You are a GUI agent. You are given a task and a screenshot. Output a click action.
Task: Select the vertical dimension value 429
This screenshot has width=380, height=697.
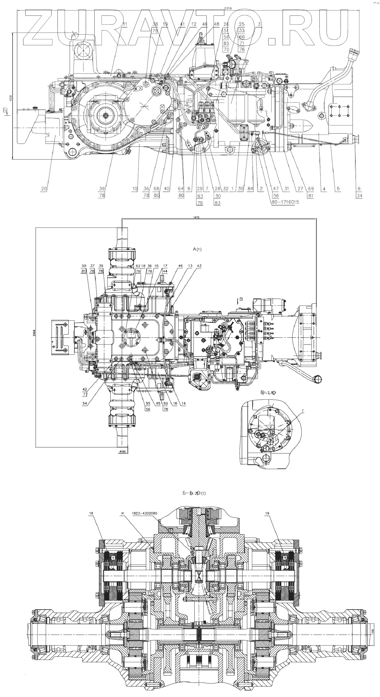(x=10, y=98)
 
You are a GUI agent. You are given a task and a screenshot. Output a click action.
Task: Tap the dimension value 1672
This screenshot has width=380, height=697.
(x=196, y=217)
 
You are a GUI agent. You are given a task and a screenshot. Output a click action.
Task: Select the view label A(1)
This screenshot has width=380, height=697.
(x=197, y=249)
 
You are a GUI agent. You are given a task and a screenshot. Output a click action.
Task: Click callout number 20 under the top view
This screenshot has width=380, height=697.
(x=44, y=189)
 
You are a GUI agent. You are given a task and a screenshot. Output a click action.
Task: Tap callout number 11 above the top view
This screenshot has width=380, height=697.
(x=124, y=24)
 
